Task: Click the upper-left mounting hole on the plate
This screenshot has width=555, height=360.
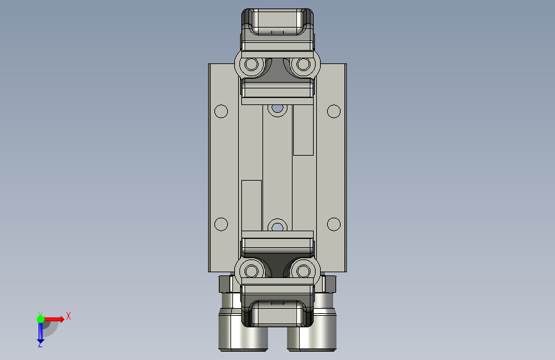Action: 221,111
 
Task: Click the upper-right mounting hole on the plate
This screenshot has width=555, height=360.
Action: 334,111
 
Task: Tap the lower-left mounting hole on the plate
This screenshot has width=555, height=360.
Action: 221,224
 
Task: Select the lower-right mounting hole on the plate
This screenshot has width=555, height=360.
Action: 334,224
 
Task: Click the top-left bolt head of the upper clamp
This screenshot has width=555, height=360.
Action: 252,65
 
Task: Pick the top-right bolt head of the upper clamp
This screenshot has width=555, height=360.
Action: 303,65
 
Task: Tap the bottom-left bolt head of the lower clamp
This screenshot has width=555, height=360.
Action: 252,272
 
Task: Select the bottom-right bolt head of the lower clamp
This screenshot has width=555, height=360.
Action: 303,272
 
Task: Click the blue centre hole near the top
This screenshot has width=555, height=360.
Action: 278,108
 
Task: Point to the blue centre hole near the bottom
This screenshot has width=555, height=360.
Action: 278,227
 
